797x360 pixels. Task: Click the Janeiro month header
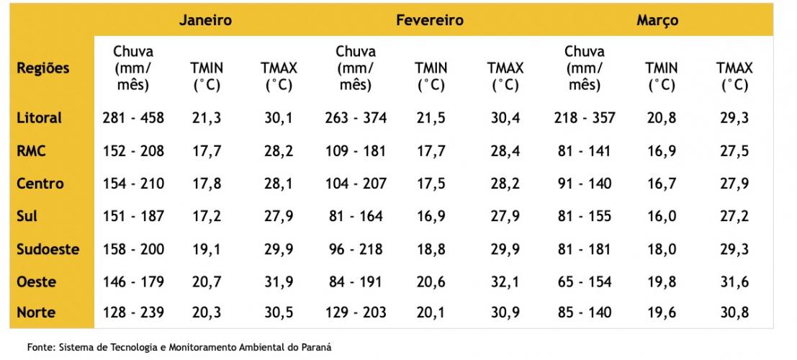(x=206, y=20)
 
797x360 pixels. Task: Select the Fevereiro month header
(x=429, y=20)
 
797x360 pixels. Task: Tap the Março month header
(x=657, y=20)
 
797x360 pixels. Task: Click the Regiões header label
(x=43, y=68)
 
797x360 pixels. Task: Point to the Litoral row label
(x=40, y=117)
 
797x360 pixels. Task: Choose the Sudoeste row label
(x=48, y=250)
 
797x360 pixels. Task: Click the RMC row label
(x=32, y=150)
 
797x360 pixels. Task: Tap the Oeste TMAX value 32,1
(x=505, y=282)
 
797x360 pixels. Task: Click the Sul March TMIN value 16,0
(x=662, y=216)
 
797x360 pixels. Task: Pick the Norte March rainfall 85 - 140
(x=584, y=312)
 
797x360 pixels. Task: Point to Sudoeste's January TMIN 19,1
(x=207, y=250)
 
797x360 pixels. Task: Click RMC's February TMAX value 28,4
(x=505, y=150)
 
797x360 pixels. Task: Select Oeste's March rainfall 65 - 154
(x=584, y=282)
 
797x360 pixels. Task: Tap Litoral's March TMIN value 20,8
(x=662, y=117)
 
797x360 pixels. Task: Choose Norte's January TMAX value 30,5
(x=279, y=312)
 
